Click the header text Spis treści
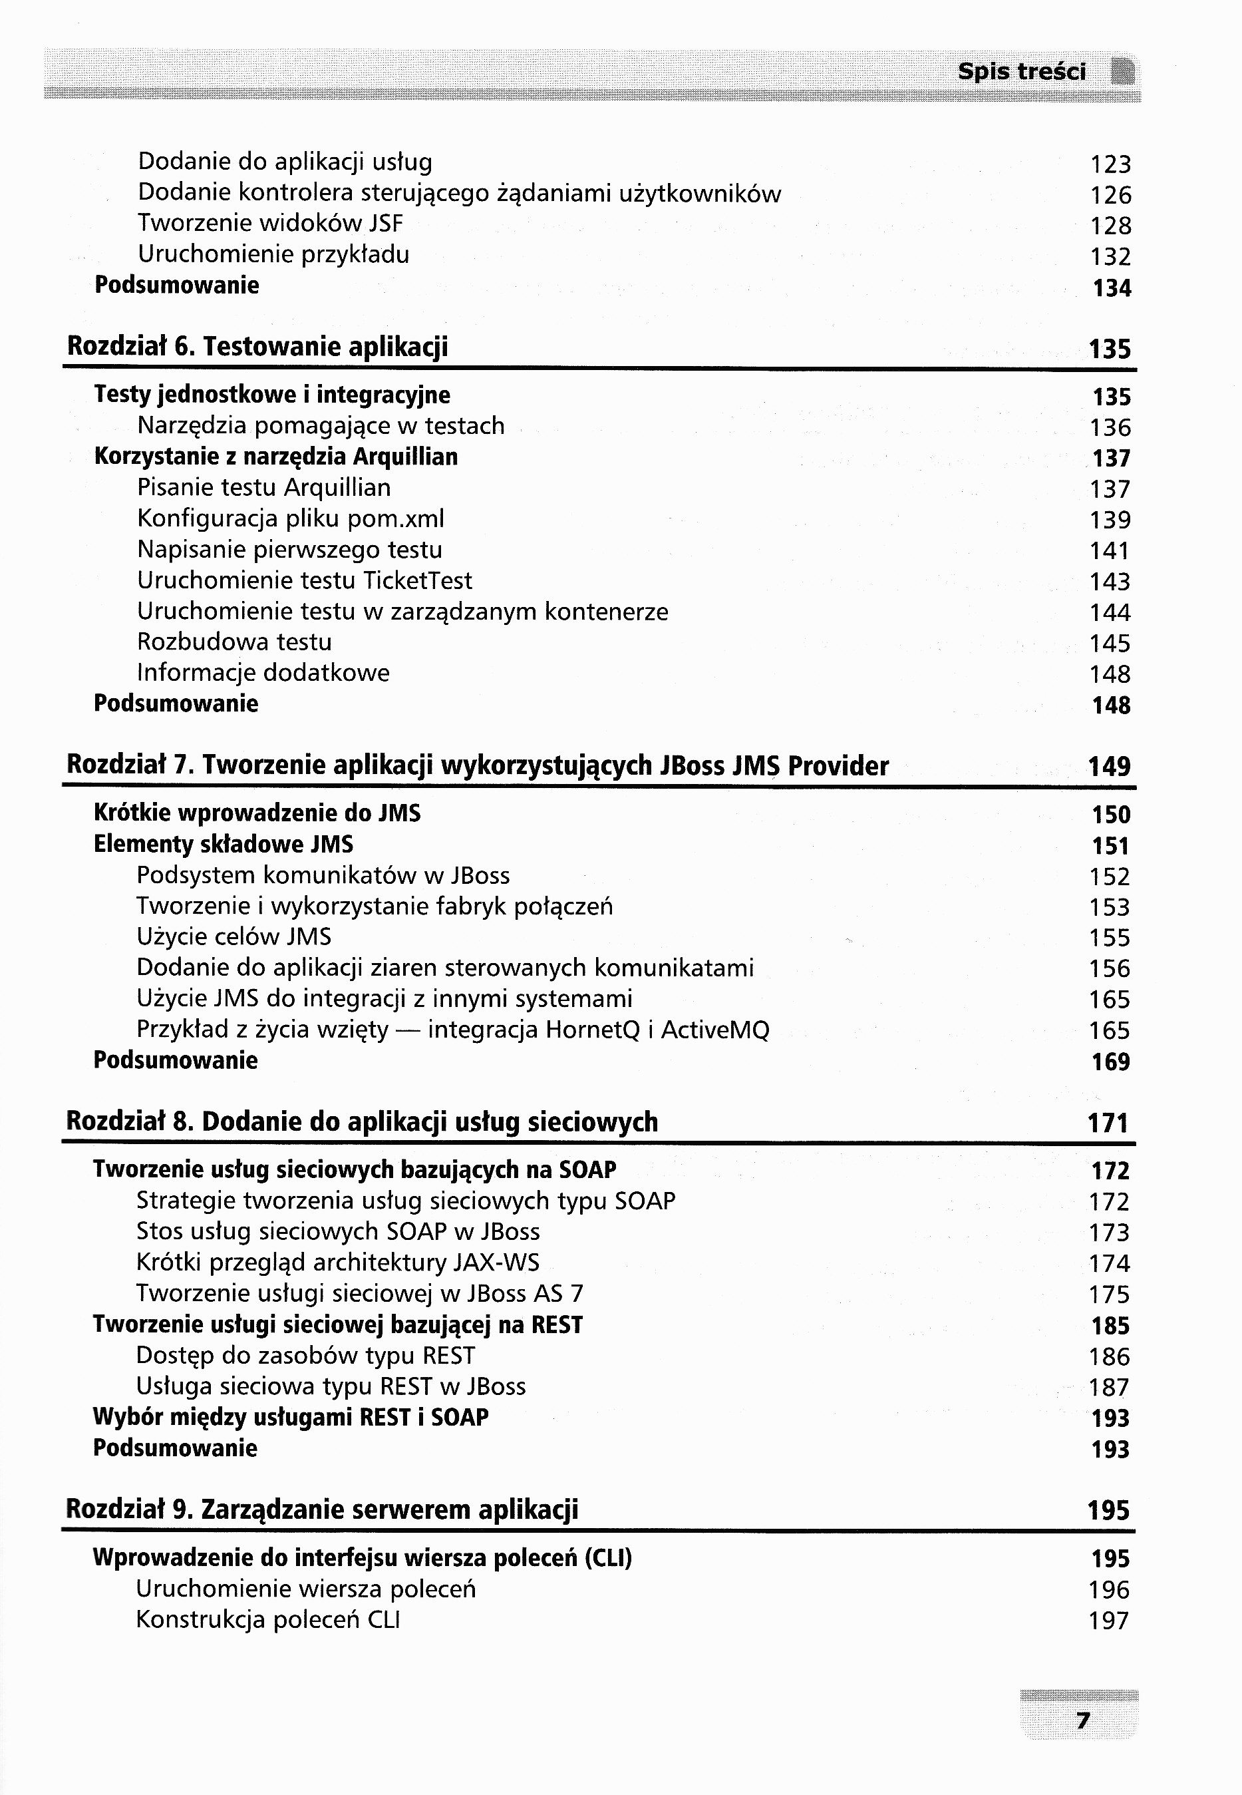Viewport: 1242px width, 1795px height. click(x=1021, y=73)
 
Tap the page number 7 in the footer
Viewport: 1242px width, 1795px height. click(x=1082, y=1721)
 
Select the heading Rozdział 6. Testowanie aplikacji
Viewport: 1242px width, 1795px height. click(x=257, y=346)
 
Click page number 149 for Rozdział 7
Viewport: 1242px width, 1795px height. click(x=1109, y=767)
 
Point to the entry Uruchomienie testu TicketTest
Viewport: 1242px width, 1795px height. click(x=304, y=580)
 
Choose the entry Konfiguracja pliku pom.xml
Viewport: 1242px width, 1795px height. click(x=290, y=519)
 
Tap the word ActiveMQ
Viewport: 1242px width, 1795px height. click(x=715, y=1030)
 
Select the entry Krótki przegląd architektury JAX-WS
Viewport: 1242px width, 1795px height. click(x=338, y=1263)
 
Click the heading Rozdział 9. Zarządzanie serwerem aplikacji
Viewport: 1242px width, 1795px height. click(x=322, y=1510)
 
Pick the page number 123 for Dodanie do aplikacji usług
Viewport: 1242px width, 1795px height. click(x=1110, y=164)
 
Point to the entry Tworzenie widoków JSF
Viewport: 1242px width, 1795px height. click(x=271, y=224)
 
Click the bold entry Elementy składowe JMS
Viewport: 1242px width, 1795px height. click(x=224, y=845)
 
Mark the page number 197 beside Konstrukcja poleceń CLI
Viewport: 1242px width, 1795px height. click(x=1109, y=1621)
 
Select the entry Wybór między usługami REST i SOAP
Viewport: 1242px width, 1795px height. click(x=290, y=1418)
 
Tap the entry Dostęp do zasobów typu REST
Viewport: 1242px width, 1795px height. click(x=305, y=1356)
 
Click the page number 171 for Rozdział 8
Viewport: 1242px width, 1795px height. click(x=1108, y=1123)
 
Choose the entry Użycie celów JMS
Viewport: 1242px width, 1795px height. click(x=233, y=937)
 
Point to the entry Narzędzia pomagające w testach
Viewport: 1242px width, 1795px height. click(x=321, y=427)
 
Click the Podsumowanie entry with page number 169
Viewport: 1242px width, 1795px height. click(x=175, y=1060)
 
